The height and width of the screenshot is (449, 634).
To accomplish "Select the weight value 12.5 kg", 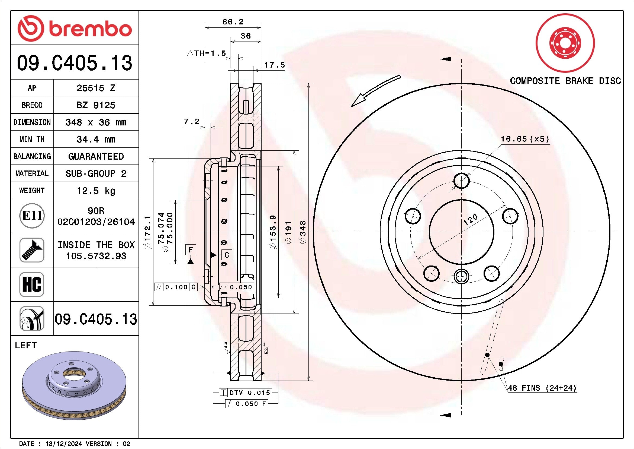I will pyautogui.click(x=96, y=191).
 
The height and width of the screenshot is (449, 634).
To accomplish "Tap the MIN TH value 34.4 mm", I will pyautogui.click(x=96, y=139).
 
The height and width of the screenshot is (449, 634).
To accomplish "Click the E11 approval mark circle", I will pyautogui.click(x=32, y=216).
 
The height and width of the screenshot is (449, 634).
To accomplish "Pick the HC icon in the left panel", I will pyautogui.click(x=32, y=284).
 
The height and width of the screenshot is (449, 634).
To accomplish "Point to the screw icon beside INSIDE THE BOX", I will pyautogui.click(x=32, y=250).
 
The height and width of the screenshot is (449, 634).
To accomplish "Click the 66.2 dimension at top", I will pyautogui.click(x=233, y=22).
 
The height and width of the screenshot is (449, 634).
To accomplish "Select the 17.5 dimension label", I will pyautogui.click(x=275, y=65).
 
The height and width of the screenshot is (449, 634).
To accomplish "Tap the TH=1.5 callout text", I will pyautogui.click(x=207, y=53).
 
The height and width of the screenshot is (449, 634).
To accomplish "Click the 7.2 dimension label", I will pyautogui.click(x=191, y=121).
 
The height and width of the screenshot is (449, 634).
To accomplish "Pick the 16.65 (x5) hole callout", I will pyautogui.click(x=525, y=139).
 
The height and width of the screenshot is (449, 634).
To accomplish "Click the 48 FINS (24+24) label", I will pyautogui.click(x=542, y=388).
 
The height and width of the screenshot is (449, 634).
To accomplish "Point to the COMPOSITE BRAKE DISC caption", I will pyautogui.click(x=565, y=81).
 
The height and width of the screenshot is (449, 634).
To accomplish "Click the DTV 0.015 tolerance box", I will pyautogui.click(x=246, y=392).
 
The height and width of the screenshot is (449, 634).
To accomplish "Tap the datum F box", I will pyautogui.click(x=191, y=250).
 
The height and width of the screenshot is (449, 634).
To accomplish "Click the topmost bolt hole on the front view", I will pyautogui.click(x=461, y=181).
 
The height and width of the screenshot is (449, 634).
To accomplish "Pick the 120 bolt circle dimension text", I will pyautogui.click(x=470, y=219).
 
